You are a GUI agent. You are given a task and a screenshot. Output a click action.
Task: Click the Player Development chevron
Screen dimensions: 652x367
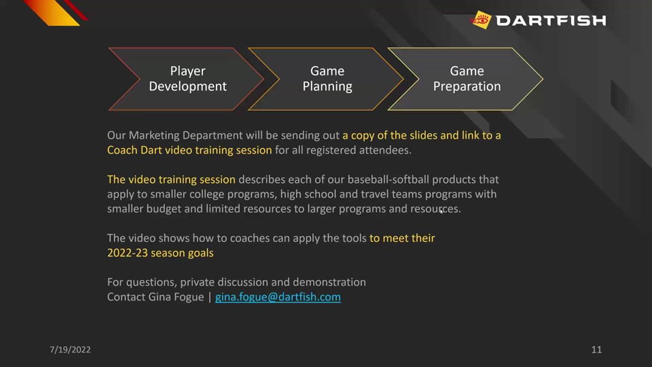[187, 79]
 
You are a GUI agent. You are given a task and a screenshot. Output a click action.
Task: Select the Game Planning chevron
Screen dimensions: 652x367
[327, 79]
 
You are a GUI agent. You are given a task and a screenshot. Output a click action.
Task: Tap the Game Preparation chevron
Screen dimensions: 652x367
[467, 79]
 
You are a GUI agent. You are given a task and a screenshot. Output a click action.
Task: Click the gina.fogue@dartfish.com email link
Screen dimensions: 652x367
[278, 297]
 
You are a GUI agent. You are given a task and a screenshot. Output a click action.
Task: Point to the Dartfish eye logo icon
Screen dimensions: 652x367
[481, 20]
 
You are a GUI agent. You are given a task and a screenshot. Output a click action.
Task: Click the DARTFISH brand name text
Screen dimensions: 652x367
[551, 20]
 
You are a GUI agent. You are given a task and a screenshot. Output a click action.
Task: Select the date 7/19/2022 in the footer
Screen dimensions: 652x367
[70, 349]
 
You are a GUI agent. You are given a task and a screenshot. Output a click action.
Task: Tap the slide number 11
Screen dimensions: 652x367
[596, 349]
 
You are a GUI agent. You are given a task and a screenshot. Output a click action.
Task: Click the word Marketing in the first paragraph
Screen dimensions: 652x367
[154, 136]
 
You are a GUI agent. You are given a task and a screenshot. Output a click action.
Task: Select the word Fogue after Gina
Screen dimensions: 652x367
[189, 298]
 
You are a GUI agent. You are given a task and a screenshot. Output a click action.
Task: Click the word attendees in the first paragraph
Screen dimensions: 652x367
[385, 150]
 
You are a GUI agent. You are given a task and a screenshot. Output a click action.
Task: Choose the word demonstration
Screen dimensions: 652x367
[329, 282]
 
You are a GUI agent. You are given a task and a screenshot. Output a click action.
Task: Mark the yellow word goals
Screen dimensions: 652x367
[201, 254]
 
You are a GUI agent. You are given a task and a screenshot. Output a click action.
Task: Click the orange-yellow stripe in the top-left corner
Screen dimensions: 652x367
[52, 12]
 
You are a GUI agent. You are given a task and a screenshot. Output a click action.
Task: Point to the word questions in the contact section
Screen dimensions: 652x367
[152, 283]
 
